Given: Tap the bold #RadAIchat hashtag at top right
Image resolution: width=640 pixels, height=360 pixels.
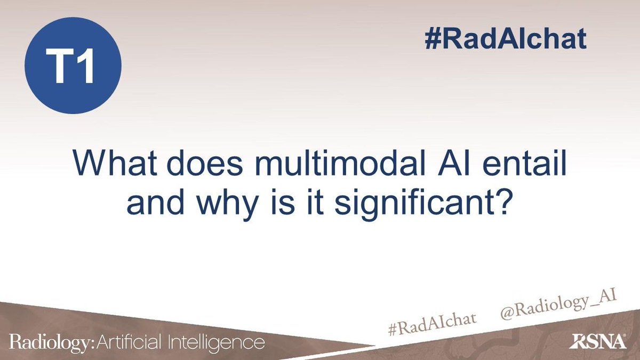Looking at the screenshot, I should pyautogui.click(x=506, y=38).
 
